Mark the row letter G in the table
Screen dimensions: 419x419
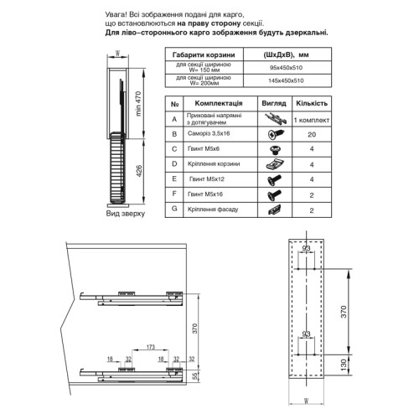pyautogui.click(x=173, y=209)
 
